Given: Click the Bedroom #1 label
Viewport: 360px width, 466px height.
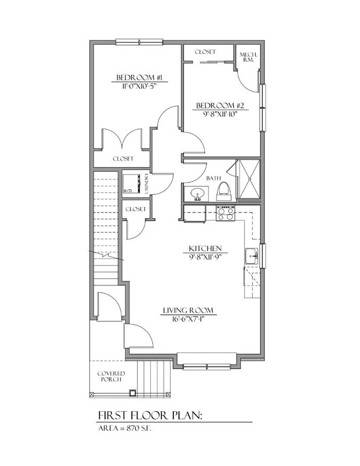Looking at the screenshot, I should point(138,77).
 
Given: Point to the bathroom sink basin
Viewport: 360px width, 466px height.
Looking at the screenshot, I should point(197,194).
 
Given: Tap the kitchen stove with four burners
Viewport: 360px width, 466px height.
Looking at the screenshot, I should point(225,213).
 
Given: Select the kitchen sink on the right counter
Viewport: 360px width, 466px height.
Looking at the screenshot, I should point(251,256).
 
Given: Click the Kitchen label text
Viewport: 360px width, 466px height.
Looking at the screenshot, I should point(205,248).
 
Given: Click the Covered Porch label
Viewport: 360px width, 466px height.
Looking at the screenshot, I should point(111,377).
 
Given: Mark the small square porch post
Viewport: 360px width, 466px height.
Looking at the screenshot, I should point(132,393).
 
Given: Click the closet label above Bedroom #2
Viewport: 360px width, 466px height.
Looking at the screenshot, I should point(205,52).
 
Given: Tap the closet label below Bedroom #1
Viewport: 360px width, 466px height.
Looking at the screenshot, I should point(123,158).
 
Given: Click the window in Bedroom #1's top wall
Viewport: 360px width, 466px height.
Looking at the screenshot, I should point(139,41).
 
